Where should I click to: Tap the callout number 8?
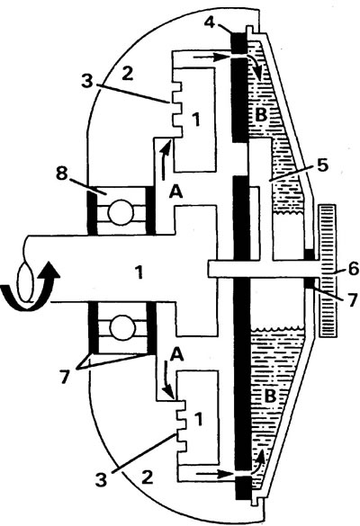(x=62, y=174)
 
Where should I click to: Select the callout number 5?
(x=322, y=165)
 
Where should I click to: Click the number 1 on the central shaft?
(x=139, y=272)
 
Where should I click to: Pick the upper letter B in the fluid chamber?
(x=261, y=115)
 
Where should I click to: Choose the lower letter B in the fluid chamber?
(x=270, y=397)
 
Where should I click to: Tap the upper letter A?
(x=176, y=192)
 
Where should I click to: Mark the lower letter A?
(x=177, y=354)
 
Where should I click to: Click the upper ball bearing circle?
(x=120, y=213)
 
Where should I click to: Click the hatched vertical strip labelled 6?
(x=328, y=270)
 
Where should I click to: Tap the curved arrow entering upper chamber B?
(x=256, y=66)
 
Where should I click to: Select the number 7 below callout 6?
(x=351, y=300)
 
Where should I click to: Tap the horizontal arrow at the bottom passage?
(x=214, y=474)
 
